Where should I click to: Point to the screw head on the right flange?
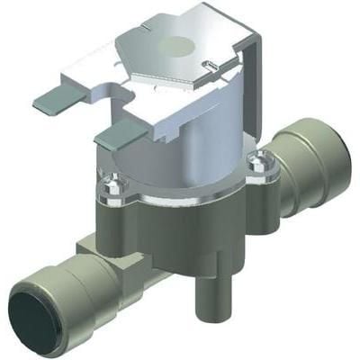tap(261, 164)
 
